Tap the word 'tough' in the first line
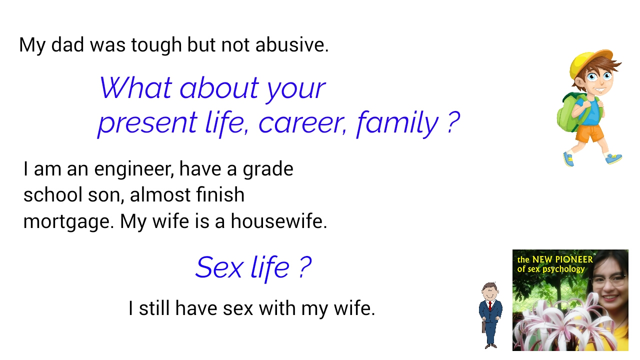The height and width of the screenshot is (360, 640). click(156, 45)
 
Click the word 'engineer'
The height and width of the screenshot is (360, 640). click(134, 169)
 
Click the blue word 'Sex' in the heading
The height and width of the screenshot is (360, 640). click(219, 267)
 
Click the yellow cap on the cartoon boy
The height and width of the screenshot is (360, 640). click(590, 62)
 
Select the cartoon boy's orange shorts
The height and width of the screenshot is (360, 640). click(589, 133)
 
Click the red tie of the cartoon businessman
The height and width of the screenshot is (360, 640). click(490, 305)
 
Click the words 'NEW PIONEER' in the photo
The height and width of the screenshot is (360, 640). click(562, 259)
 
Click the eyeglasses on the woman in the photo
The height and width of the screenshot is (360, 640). click(608, 280)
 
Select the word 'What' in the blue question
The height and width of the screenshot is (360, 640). click(135, 87)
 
